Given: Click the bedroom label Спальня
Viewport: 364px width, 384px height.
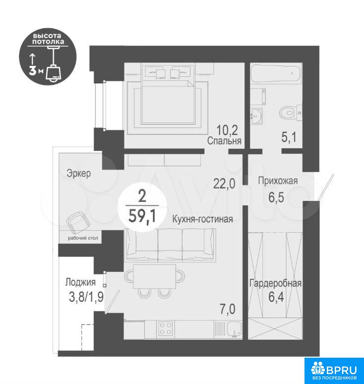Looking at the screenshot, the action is point(224,141).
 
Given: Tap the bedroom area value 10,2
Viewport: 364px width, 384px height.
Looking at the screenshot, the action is point(227,130).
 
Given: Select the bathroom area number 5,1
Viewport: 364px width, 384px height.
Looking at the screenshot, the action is point(289,137).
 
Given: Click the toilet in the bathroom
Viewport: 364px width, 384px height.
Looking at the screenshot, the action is point(291,113).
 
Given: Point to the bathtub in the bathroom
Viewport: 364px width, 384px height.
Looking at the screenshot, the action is point(276,74).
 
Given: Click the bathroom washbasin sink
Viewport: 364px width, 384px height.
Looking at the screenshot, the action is point(256,117).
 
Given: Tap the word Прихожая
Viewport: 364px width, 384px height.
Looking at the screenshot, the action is point(278,181).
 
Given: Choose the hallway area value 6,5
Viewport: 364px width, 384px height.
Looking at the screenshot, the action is point(276,197).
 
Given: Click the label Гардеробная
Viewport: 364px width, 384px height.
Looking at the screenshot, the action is point(275,283).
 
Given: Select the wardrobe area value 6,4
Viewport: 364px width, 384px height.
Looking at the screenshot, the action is point(276,297).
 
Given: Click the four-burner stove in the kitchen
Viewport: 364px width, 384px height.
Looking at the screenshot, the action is point(166,328).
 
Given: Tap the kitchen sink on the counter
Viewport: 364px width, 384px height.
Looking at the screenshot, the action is point(234,329).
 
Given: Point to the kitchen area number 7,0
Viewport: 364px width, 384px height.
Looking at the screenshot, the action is point(228,309).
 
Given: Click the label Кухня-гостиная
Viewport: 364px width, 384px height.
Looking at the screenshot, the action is point(202,219).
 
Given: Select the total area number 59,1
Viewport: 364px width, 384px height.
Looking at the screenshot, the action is point(142,216).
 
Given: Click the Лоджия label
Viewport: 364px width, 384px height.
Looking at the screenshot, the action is point(80,282).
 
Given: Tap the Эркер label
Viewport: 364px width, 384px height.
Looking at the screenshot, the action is point(78,173).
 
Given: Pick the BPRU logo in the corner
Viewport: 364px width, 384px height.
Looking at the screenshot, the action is point(334,370).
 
